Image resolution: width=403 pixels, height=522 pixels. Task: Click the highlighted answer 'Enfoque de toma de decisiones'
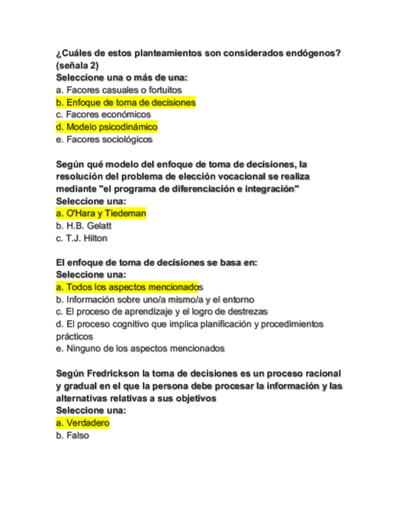point(126,102)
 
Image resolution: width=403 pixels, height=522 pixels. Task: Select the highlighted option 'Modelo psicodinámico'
point(106,127)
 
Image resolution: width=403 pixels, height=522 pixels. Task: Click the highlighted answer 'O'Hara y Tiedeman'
point(101,213)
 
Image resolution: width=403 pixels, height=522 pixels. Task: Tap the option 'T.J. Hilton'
point(81,238)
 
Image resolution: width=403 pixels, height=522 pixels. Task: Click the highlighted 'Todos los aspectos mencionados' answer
point(129,287)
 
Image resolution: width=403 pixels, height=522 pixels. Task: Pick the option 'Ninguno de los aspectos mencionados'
point(140,348)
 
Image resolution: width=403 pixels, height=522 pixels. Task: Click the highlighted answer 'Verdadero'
point(82,423)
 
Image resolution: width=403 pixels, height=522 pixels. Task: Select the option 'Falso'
point(72,435)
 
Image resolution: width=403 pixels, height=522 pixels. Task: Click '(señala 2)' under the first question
point(77,65)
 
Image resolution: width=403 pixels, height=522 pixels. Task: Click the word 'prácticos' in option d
point(74,336)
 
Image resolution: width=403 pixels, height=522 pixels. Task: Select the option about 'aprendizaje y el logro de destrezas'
point(162,311)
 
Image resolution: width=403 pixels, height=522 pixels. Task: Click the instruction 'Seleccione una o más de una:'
point(122,78)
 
